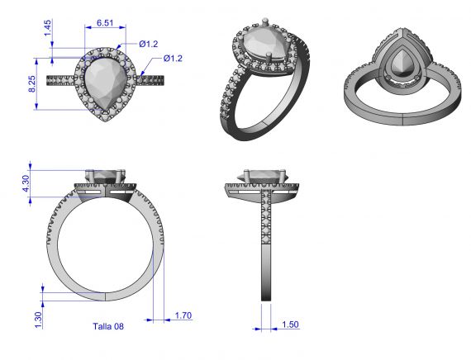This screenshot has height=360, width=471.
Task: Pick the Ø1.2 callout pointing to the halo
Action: (x=149, y=43)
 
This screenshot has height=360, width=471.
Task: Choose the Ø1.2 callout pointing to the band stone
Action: (x=173, y=58)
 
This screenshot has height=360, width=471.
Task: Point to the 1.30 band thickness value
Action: (x=38, y=317)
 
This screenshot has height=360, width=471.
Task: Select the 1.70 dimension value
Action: (x=183, y=315)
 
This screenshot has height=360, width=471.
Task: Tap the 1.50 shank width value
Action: (x=290, y=324)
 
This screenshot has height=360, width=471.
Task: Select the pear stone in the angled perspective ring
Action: (x=260, y=51)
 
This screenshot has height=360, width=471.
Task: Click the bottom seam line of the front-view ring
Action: (x=105, y=296)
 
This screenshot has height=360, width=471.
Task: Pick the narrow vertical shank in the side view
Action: (x=266, y=248)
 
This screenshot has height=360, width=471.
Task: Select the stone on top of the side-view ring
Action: (x=266, y=175)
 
